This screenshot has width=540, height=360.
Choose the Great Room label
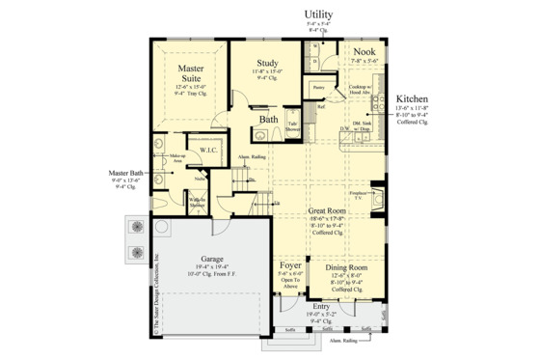328,209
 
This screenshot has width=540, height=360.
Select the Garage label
213,259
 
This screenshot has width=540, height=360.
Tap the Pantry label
318,87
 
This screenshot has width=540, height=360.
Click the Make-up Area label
177,156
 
